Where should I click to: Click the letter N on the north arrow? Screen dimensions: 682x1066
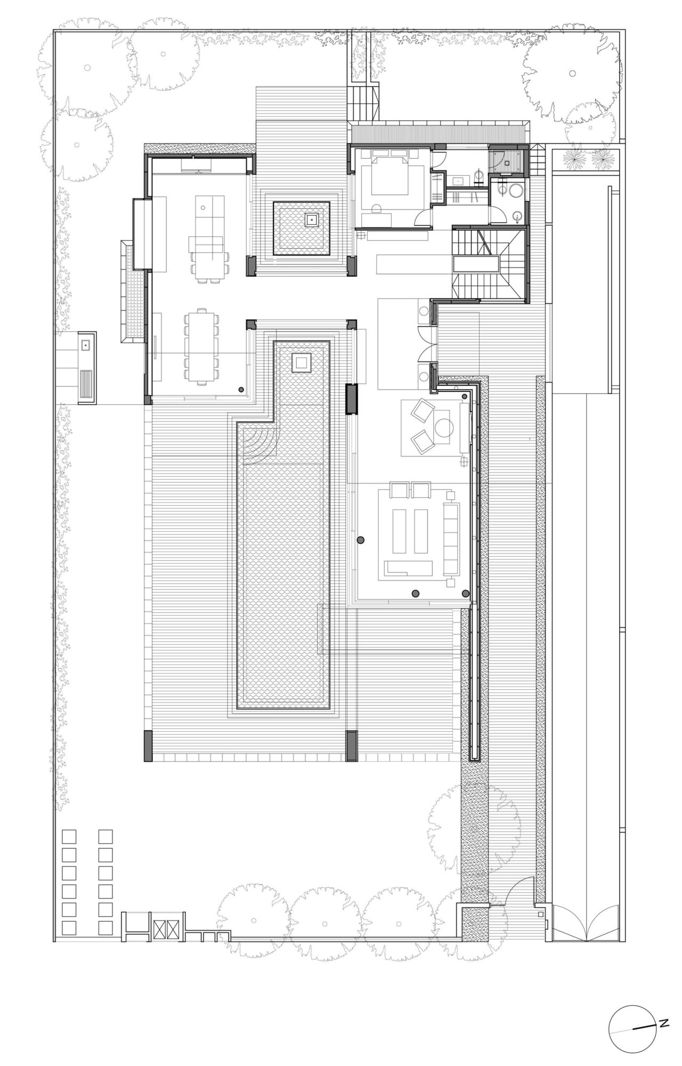point(664,1022)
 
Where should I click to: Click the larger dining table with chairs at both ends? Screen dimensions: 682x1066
point(201,345)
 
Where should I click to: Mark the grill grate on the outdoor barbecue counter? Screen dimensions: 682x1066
point(85,384)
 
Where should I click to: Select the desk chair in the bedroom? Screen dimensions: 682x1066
point(376,208)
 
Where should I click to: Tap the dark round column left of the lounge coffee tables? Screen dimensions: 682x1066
point(361,540)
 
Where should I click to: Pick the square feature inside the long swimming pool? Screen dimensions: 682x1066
point(302,363)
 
